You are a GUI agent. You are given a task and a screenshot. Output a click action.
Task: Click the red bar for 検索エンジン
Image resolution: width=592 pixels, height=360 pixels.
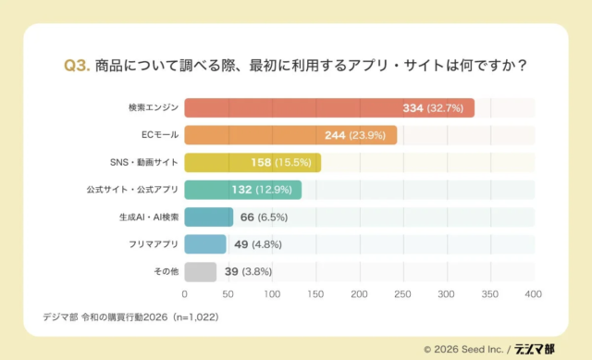328,108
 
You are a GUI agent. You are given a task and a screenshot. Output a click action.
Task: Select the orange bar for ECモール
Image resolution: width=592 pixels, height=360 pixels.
290,135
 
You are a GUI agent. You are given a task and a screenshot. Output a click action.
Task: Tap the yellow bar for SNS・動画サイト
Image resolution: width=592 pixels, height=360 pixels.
252,163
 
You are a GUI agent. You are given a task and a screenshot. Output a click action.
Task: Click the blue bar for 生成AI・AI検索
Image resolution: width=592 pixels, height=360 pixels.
209,217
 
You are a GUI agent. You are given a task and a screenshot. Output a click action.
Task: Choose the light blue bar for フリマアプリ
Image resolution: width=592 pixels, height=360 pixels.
205,244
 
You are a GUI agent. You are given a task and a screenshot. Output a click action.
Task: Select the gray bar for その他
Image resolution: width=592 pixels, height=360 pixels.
201,272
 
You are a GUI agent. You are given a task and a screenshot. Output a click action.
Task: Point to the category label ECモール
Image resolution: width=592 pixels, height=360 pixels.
160,136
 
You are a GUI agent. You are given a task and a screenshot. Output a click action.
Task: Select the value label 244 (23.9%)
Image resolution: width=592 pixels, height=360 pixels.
359,136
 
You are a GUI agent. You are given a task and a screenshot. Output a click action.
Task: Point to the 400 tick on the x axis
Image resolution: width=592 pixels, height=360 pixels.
533,294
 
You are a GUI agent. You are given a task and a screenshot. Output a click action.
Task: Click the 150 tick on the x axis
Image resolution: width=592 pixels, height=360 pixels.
315,294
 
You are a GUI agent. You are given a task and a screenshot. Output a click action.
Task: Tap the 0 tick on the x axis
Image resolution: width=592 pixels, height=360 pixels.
185,294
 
